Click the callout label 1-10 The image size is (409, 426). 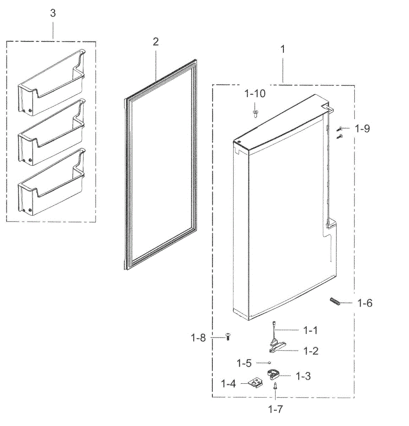coord(255,94)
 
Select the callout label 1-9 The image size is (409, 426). coord(362,129)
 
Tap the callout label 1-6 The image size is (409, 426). coord(365,303)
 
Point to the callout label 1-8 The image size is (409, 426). coord(198,338)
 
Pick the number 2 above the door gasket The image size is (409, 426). coord(156,42)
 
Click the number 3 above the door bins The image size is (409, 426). coord(53,13)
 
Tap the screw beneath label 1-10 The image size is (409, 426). coord(255,113)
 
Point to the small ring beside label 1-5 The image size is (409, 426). coord(269,362)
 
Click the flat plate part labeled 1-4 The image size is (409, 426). coord(255,383)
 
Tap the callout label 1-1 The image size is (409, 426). coord(310,331)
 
